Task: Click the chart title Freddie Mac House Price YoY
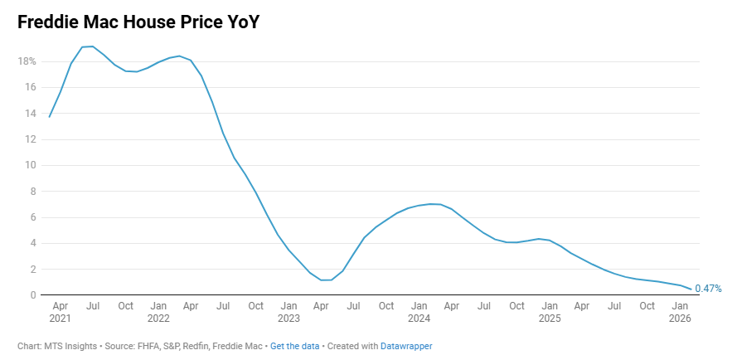tap(138, 22)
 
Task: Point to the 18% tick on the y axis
tap(27, 61)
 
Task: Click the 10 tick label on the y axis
tap(30, 165)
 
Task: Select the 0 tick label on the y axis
tap(32, 295)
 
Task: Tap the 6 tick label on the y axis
tap(32, 217)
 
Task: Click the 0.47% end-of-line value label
tap(708, 289)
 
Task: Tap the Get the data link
tap(293, 346)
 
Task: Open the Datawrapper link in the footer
tap(406, 346)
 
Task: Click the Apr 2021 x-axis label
tap(60, 312)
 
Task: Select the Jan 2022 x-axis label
tap(158, 312)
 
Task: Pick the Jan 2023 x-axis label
tap(289, 312)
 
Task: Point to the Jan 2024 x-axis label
tap(419, 312)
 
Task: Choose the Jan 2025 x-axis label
tap(550, 312)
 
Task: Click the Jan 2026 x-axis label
tap(680, 312)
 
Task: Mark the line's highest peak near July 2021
tap(92, 46)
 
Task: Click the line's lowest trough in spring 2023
tap(326, 280)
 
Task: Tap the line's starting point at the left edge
tap(49, 117)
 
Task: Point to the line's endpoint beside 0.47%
tap(691, 289)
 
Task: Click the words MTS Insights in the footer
tap(70, 346)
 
